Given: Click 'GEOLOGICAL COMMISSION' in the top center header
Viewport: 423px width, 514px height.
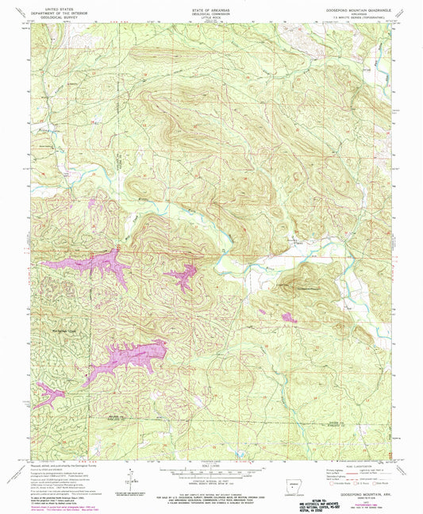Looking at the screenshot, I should click(x=210, y=11).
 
